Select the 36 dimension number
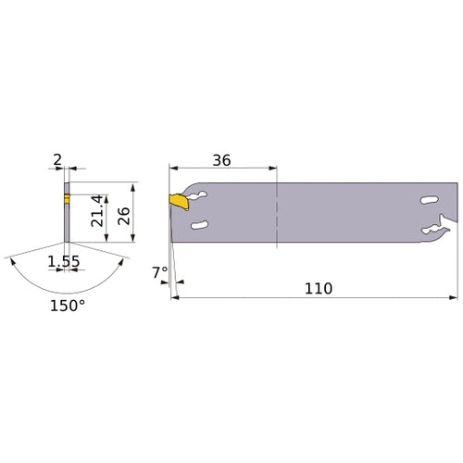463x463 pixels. [x=220, y=159]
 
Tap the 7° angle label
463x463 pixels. [x=159, y=271]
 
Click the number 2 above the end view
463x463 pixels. [x=57, y=160]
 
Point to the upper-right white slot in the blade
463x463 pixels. [x=427, y=198]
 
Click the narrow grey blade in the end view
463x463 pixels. [x=66, y=222]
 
